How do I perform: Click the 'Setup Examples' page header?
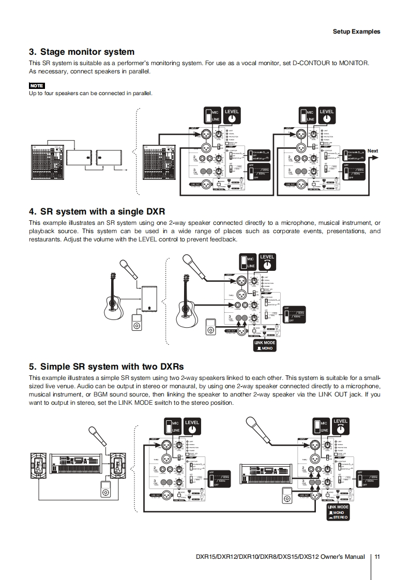coord(356,32)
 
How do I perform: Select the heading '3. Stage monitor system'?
coord(82,52)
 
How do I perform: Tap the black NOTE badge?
coord(37,85)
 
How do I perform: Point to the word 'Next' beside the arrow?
coord(373,151)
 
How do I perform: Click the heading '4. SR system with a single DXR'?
coord(97,211)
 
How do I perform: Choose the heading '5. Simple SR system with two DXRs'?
coord(106,367)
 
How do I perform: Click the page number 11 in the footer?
coord(377,557)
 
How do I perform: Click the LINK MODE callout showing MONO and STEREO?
coord(338,512)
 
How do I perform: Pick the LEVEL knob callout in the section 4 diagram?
coord(267,262)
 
